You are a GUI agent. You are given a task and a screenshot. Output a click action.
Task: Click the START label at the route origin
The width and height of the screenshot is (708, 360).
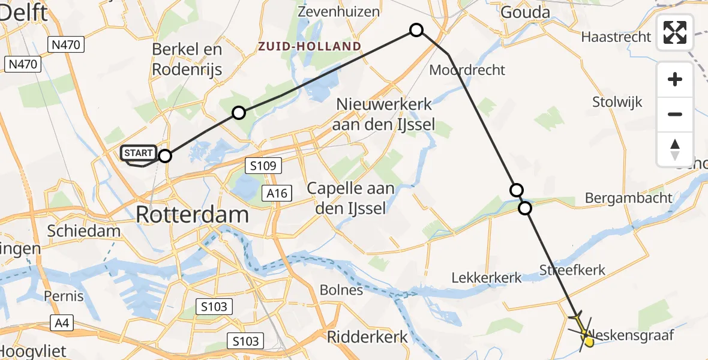coord(139,153)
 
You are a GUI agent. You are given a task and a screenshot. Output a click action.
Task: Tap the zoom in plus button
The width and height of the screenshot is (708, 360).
coord(675,79)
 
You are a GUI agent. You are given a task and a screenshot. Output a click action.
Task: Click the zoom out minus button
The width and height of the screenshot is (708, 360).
coord(675,114)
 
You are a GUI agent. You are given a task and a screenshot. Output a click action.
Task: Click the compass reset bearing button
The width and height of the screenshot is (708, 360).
coord(675,149)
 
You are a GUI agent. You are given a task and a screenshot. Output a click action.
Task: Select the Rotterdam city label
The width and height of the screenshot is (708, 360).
coord(192,214)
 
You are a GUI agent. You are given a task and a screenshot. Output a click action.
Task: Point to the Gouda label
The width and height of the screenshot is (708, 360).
coord(525,12)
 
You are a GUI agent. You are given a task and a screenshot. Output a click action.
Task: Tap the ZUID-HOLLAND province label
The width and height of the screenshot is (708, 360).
coord(310,46)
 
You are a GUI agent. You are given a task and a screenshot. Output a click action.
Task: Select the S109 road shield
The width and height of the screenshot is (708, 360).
coord(263,166)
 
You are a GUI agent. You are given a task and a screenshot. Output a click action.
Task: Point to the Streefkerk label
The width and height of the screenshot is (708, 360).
coord(572,270)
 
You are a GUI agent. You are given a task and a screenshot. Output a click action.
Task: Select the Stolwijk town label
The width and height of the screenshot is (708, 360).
coord(617,101)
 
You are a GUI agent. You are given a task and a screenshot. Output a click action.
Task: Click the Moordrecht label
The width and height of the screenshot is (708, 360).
coord(467,70)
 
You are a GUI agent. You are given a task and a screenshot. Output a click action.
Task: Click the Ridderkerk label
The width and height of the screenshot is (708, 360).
coord(367,337)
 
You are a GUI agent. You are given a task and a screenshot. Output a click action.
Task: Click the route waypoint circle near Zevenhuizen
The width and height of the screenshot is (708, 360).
coord(416,30)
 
